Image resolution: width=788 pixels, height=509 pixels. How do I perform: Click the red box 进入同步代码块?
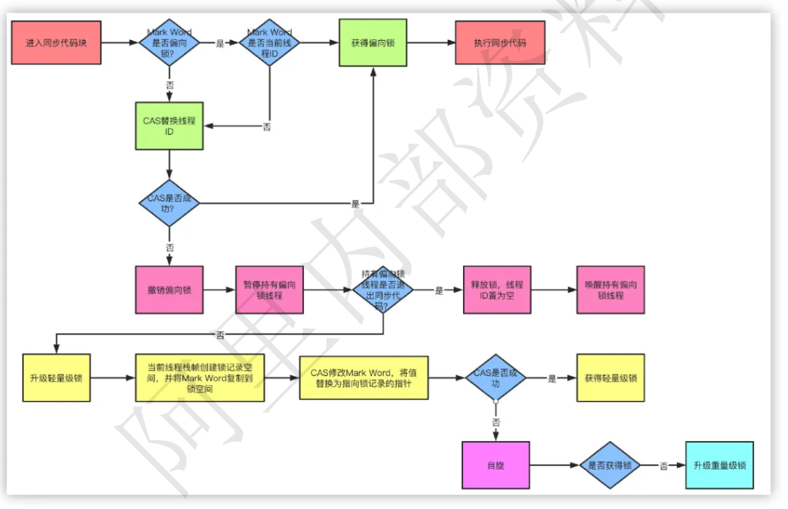56,42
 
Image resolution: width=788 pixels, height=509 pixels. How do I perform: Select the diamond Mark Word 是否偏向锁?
169,43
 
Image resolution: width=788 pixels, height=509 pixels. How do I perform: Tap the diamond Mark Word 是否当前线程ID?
269,43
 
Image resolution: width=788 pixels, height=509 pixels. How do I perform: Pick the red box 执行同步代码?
499,42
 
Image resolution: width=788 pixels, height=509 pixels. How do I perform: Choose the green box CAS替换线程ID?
169,126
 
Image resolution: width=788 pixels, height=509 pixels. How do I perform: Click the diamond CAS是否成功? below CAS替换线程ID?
169,203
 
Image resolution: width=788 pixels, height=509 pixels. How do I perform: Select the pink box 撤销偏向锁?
169,290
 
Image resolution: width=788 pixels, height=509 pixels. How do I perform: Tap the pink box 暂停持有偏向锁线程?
269,290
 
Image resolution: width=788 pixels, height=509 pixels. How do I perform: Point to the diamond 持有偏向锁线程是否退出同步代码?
383,290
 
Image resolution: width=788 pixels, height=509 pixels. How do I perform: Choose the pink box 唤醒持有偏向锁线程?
610,290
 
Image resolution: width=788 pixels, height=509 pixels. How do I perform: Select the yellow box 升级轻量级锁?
56,378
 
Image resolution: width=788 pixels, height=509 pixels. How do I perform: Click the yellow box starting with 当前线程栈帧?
199,378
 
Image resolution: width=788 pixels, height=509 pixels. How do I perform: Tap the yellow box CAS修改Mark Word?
364,378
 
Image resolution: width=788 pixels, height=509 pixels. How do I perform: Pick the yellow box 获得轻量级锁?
610,378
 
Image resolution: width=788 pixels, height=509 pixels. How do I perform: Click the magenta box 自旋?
495,466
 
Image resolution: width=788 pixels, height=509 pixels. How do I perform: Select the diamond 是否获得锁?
610,466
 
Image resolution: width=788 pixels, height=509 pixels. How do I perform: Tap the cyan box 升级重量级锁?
719,466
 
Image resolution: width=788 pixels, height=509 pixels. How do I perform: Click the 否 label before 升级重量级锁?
663,466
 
